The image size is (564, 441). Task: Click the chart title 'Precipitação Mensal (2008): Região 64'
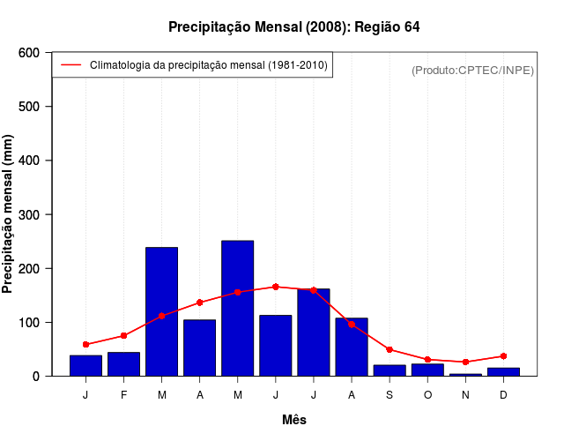[x=293, y=27]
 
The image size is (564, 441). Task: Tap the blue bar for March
[x=161, y=311]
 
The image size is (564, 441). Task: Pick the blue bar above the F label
[x=123, y=364]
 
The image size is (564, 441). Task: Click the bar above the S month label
[x=389, y=370]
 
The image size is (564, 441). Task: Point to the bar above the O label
[x=427, y=370]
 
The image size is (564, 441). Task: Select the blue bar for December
[x=503, y=371]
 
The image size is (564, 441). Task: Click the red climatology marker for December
[x=503, y=355]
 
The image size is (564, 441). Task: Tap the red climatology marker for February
[x=123, y=335]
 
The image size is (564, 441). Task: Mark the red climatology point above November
[x=465, y=362]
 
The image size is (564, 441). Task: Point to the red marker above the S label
[x=389, y=349]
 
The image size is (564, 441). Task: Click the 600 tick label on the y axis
[x=29, y=53]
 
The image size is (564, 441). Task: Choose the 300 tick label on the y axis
[x=29, y=214]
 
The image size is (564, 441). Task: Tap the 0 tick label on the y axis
[x=36, y=376]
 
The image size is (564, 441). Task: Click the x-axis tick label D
[x=503, y=395]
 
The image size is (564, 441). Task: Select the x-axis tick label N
[x=465, y=395]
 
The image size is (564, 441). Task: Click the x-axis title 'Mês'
[x=294, y=420]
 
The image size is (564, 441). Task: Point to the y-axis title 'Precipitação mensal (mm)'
[x=9, y=214]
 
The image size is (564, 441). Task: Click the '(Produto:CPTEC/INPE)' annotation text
[x=473, y=70]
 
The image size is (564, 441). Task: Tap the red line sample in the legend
[x=70, y=65]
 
